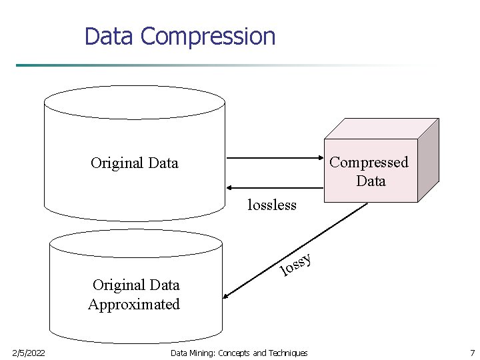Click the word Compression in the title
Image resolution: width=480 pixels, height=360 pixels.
(209, 36)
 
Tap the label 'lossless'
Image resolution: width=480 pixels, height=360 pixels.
(271, 205)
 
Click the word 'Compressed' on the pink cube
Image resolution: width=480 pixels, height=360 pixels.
(369, 162)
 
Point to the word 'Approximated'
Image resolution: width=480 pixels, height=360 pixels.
(134, 305)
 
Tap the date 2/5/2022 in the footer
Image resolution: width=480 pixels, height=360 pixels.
(29, 353)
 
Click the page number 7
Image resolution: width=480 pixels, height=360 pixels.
(471, 353)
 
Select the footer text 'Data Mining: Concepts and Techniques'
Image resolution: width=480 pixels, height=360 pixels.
(239, 353)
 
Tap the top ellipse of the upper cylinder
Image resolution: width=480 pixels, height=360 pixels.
(134, 102)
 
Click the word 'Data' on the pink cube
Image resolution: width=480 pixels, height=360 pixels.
(371, 181)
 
